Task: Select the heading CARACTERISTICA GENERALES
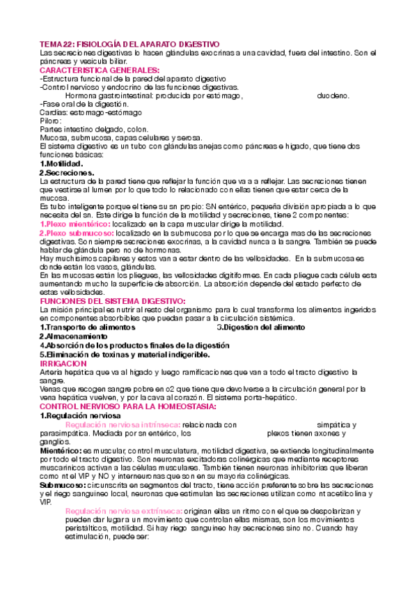click(x=100, y=70)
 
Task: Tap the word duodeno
click(x=333, y=95)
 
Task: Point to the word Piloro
click(x=51, y=121)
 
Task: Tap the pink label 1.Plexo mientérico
click(x=74, y=224)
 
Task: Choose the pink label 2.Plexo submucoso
click(x=76, y=233)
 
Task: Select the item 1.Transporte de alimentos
click(x=88, y=327)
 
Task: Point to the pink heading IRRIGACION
click(x=63, y=363)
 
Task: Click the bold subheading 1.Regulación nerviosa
click(x=80, y=415)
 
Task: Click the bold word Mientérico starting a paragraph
click(x=61, y=451)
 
